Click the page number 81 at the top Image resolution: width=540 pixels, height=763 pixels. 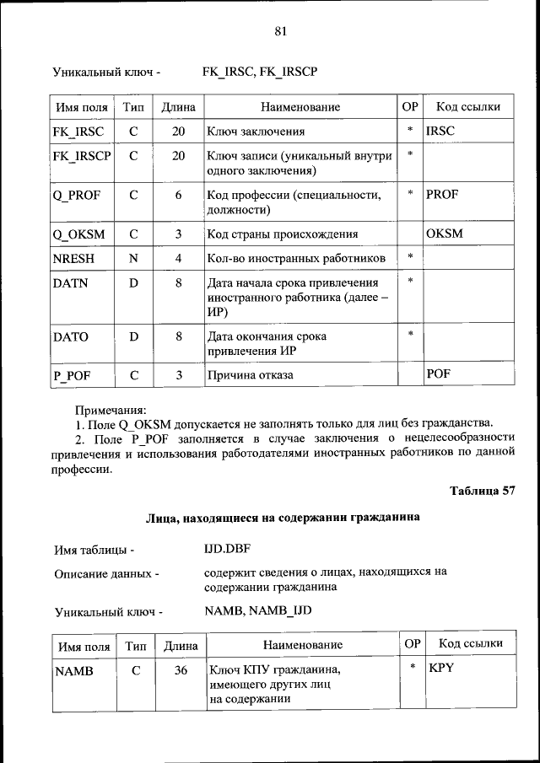[x=281, y=31]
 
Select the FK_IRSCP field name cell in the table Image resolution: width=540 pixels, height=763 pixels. [x=82, y=156]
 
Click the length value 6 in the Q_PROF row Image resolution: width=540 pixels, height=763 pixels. [x=179, y=195]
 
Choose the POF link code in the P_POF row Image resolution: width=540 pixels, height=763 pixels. [x=438, y=373]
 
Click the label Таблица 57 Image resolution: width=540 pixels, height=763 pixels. [x=482, y=491]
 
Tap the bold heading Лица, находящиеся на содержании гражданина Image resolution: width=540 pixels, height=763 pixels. [x=282, y=518]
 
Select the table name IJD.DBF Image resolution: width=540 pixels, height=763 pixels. [x=228, y=549]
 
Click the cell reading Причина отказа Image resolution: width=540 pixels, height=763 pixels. [x=251, y=374]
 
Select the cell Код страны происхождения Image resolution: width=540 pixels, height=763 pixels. [x=283, y=234]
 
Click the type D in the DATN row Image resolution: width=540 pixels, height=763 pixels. [x=133, y=283]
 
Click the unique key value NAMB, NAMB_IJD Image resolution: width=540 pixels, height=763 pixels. [x=258, y=610]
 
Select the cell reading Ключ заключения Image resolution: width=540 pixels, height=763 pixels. [x=256, y=132]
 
